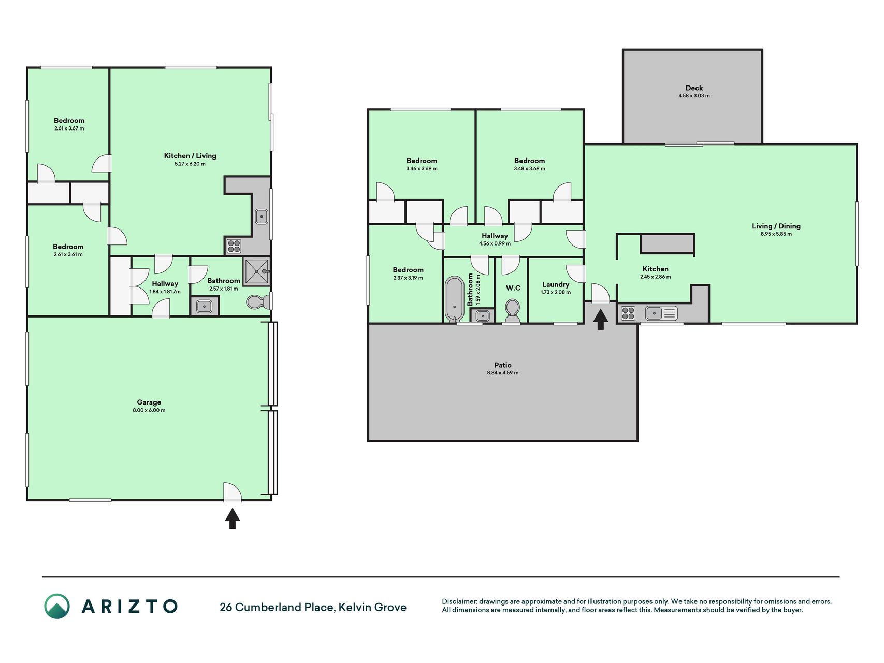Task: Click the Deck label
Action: tap(694, 88)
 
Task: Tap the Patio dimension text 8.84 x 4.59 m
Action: tap(502, 373)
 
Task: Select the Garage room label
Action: tap(149, 402)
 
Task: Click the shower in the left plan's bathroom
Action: tap(257, 272)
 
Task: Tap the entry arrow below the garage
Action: tap(233, 518)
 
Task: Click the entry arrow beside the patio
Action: tap(600, 319)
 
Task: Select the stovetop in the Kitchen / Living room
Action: tap(234, 246)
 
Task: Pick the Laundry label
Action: tap(556, 284)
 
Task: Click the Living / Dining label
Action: tap(776, 226)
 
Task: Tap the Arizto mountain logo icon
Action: tap(57, 606)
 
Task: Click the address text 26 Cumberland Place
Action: tap(277, 607)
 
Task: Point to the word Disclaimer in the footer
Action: tap(459, 601)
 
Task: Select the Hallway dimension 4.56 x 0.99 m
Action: tap(495, 243)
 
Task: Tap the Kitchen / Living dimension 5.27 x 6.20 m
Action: tap(190, 164)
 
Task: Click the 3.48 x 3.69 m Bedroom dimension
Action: tap(529, 168)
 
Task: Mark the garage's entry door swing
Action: tap(233, 492)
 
